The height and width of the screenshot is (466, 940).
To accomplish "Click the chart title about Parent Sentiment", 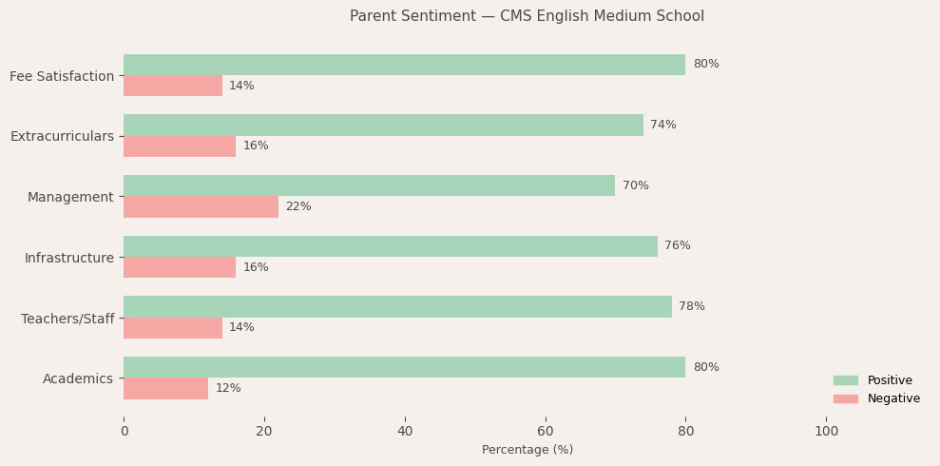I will click(527, 16).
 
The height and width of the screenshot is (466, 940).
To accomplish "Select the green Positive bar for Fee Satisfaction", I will click(404, 65).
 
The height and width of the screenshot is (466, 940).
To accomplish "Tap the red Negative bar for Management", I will click(201, 206).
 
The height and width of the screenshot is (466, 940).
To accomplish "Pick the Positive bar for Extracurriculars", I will click(383, 126).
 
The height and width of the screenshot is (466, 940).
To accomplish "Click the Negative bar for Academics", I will click(165, 388).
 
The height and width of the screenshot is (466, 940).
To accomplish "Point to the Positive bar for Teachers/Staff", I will click(397, 306).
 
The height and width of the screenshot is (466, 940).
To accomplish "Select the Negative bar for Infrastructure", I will click(180, 267).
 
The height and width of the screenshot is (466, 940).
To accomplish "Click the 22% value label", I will click(298, 206).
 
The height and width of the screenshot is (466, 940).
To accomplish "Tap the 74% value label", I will click(663, 126).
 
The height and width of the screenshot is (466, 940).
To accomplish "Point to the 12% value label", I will click(228, 388).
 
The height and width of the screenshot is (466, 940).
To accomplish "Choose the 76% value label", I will click(678, 246).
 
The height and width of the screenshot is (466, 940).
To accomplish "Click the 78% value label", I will click(692, 306).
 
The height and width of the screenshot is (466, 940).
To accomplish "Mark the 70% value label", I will click(636, 185).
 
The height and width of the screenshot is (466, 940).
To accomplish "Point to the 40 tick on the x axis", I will click(405, 432).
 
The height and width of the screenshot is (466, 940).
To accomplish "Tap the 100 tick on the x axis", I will click(827, 432).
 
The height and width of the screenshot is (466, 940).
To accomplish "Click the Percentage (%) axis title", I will click(528, 450).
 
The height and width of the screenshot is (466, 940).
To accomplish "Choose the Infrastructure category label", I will click(69, 258).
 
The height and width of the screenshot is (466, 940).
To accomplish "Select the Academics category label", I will click(78, 379).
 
